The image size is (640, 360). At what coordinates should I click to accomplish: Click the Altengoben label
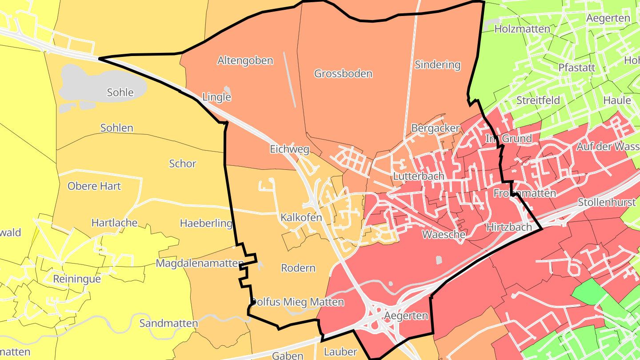pos(245,60)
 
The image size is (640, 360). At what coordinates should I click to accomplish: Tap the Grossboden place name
pos(343,73)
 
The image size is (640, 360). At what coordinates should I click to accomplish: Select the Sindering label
pos(437,64)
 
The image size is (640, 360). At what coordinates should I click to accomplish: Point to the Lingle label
pos(216,97)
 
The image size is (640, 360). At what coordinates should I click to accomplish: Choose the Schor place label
pos(182,164)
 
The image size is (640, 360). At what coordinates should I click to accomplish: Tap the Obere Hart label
pos(94,186)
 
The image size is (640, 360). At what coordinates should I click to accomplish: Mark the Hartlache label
pos(114,223)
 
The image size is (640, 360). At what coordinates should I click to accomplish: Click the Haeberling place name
pos(206,223)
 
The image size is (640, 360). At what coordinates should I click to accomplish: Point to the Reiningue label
pos(76,279)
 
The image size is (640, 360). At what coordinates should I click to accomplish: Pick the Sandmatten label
pos(168,323)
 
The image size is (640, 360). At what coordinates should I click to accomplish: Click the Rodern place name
pos(298,268)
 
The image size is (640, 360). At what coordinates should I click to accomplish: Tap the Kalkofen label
pos(301,218)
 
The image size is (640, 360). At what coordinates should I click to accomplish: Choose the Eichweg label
pos(289,149)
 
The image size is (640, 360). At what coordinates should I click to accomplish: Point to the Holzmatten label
pos(522,29)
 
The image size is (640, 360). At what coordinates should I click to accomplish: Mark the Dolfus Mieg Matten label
pos(297,302)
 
